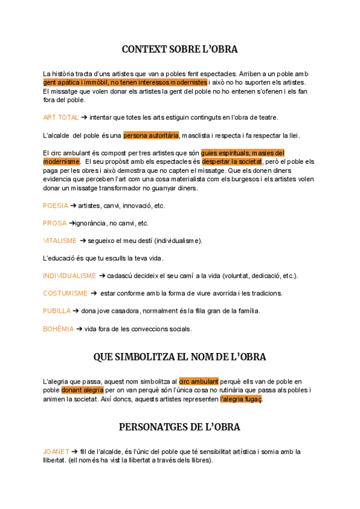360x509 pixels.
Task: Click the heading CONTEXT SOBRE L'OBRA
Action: (179, 49)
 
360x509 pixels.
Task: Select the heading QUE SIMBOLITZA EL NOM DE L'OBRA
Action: (179, 357)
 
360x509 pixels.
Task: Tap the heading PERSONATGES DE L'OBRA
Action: (179, 427)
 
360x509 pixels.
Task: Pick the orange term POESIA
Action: (55, 205)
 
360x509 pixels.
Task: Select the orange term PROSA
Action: (55, 223)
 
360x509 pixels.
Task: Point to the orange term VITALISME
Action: (59, 240)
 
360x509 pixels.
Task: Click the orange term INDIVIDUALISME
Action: (69, 276)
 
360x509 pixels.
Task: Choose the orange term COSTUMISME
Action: (65, 293)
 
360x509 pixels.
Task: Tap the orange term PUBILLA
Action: (56, 310)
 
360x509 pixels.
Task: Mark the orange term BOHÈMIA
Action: (58, 328)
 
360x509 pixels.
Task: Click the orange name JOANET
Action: (56, 451)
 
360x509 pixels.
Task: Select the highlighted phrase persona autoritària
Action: (151, 135)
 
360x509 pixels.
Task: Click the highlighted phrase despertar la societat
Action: (232, 161)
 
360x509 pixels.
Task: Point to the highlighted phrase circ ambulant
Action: (199, 381)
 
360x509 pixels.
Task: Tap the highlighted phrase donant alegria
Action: (82, 390)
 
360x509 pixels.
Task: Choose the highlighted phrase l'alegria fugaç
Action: (241, 399)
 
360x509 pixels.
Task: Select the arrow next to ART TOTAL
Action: (84, 117)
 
